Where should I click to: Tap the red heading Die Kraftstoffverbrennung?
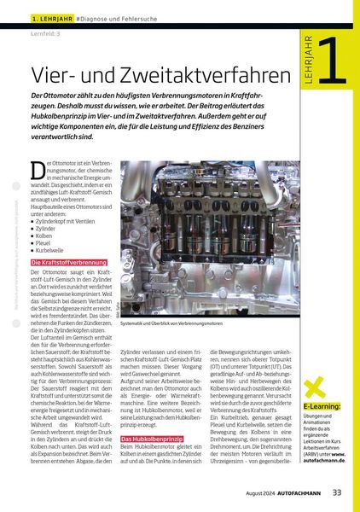click(x=69, y=262)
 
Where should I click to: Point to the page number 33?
click(x=338, y=492)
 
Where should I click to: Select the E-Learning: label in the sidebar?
click(x=323, y=406)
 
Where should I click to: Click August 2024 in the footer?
click(x=253, y=492)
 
